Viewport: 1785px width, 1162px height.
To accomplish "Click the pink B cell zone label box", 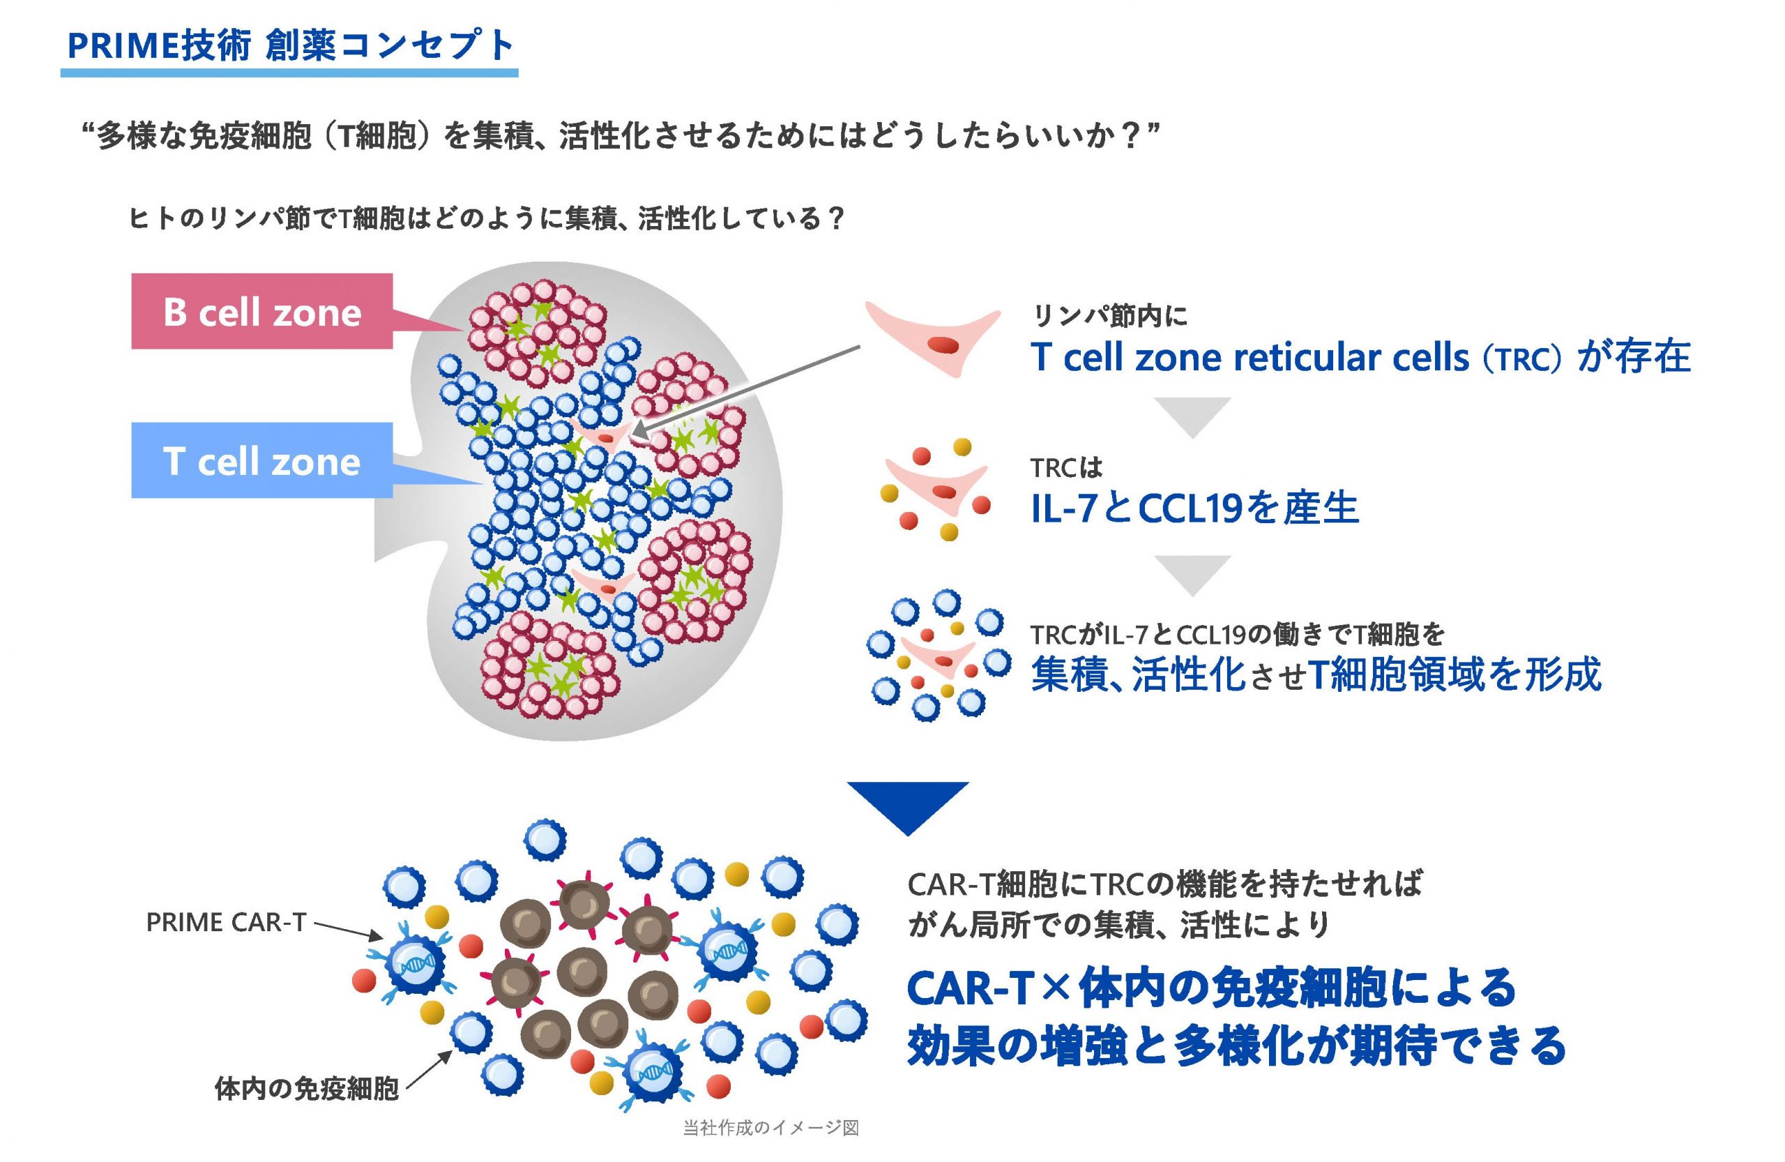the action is pyautogui.click(x=261, y=311).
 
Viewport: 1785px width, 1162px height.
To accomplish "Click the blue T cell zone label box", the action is pyautogui.click(x=261, y=460).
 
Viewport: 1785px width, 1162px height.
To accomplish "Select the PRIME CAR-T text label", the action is pyautogui.click(x=226, y=922).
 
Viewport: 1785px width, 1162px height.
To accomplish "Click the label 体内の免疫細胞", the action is pyautogui.click(x=306, y=1089).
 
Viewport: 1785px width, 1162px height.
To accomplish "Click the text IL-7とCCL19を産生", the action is pyautogui.click(x=1194, y=508).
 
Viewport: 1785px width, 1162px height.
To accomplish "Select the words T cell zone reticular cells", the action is pyautogui.click(x=1250, y=357).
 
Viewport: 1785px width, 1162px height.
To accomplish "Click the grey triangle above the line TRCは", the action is pyautogui.click(x=1192, y=417).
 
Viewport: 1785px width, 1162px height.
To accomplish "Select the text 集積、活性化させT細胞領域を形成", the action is pyautogui.click(x=1316, y=674).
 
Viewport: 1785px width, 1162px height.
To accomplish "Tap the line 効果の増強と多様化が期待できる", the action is pyautogui.click(x=1236, y=1046).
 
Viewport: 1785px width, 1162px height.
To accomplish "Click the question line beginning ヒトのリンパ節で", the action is pyautogui.click(x=487, y=219).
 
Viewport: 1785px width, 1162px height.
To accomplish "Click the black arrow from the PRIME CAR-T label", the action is pyautogui.click(x=347, y=930).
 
